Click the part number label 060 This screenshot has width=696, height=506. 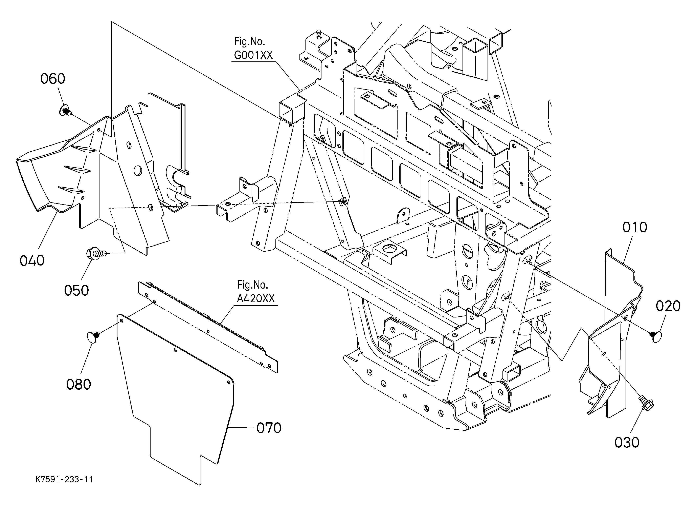[x=53, y=79]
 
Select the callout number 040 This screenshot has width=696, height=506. [x=32, y=261]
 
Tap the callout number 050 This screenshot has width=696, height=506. [x=76, y=291]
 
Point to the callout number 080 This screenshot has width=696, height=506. [x=78, y=385]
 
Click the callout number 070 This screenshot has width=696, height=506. [x=269, y=428]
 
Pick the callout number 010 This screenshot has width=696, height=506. [x=635, y=228]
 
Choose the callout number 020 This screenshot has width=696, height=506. [x=668, y=306]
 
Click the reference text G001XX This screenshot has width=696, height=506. [x=253, y=55]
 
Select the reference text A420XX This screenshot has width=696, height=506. [x=256, y=299]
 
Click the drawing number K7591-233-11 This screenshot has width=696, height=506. [x=64, y=479]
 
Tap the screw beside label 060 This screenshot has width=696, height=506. [x=65, y=110]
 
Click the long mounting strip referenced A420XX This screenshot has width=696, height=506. [x=209, y=327]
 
